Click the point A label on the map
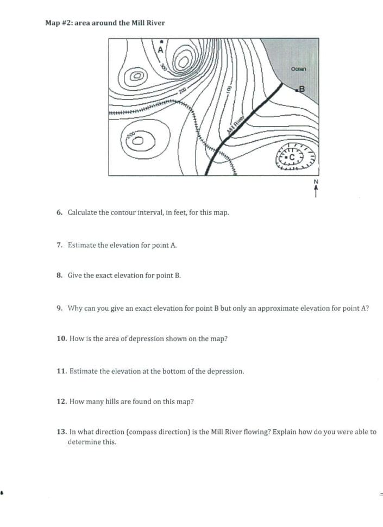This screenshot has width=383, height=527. tap(160, 49)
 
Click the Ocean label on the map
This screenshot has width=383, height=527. tap(299, 69)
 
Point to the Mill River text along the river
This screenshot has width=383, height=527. tap(235, 127)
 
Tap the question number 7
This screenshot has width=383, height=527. tap(60, 245)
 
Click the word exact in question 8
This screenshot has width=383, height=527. tap(104, 275)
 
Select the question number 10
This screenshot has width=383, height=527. tap(61, 338)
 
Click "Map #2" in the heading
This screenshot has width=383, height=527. tap(58, 23)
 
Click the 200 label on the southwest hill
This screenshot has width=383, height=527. tap(130, 134)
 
